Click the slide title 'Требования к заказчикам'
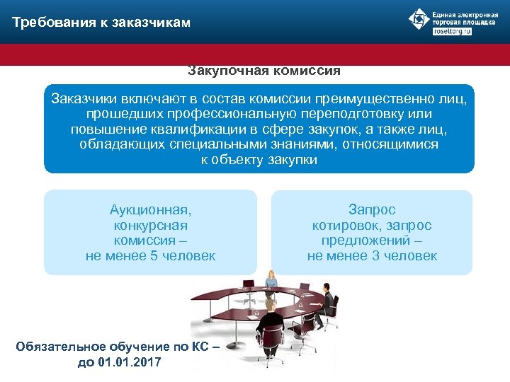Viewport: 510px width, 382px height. click(101, 23)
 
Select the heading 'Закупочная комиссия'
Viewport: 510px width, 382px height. click(263, 71)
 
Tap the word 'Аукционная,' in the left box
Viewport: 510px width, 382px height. click(150, 209)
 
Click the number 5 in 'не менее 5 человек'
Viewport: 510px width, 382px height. click(154, 255)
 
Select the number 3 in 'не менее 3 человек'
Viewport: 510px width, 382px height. click(376, 255)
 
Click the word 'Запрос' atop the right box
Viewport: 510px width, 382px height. click(372, 209)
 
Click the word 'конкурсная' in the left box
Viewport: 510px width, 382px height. click(150, 225)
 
